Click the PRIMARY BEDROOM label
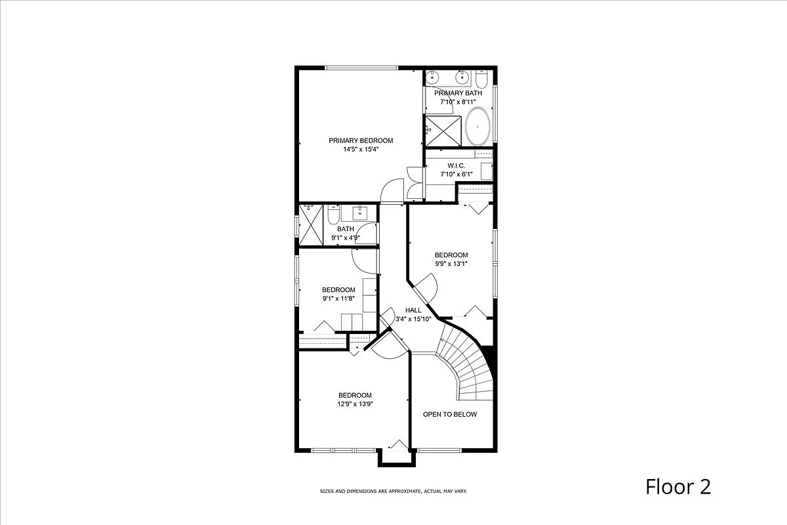click(x=361, y=140)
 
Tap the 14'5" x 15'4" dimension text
click(x=361, y=150)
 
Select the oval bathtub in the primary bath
click(x=477, y=127)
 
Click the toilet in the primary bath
click(x=481, y=80)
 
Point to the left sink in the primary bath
click(x=433, y=78)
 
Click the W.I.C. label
click(x=456, y=165)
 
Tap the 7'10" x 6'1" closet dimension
click(x=456, y=175)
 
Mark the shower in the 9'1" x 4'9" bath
click(x=312, y=224)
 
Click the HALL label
click(x=413, y=310)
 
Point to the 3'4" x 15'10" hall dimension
click(x=413, y=320)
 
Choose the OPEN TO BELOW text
click(x=450, y=414)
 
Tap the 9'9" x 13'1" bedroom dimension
click(x=451, y=264)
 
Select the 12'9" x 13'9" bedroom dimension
click(x=355, y=404)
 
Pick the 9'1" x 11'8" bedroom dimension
click(x=338, y=299)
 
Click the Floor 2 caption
click(x=678, y=487)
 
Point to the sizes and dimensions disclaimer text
click(x=393, y=491)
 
